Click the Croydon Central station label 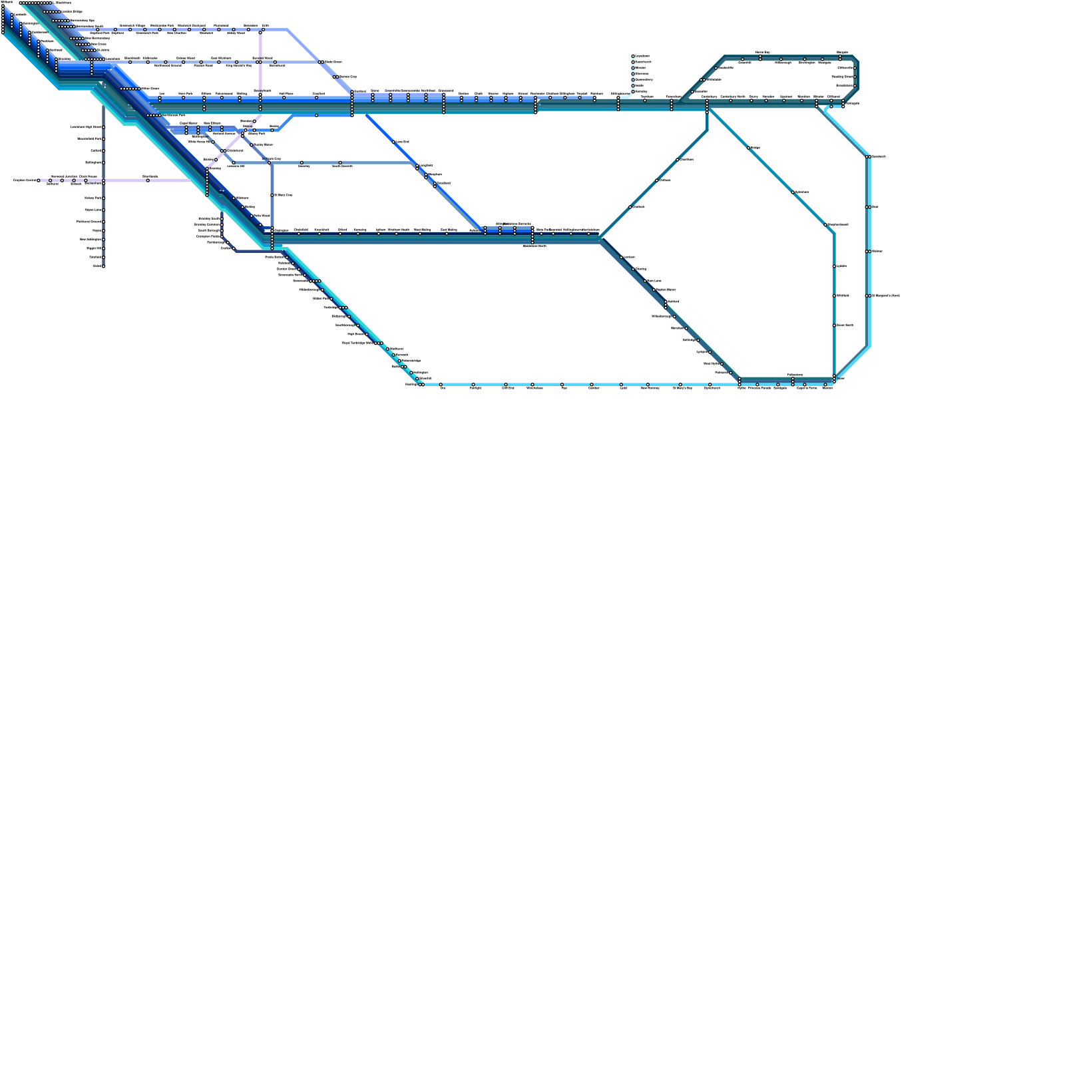point(25,180)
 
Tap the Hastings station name point(411,384)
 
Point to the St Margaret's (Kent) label point(885,296)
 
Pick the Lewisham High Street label point(86,126)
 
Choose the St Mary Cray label point(284,195)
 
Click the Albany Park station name point(256,134)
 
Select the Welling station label point(241,93)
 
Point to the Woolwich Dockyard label point(191,25)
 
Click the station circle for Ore point(441,385)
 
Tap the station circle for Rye point(562,385)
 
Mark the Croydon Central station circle point(49,180)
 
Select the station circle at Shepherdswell point(825,225)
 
